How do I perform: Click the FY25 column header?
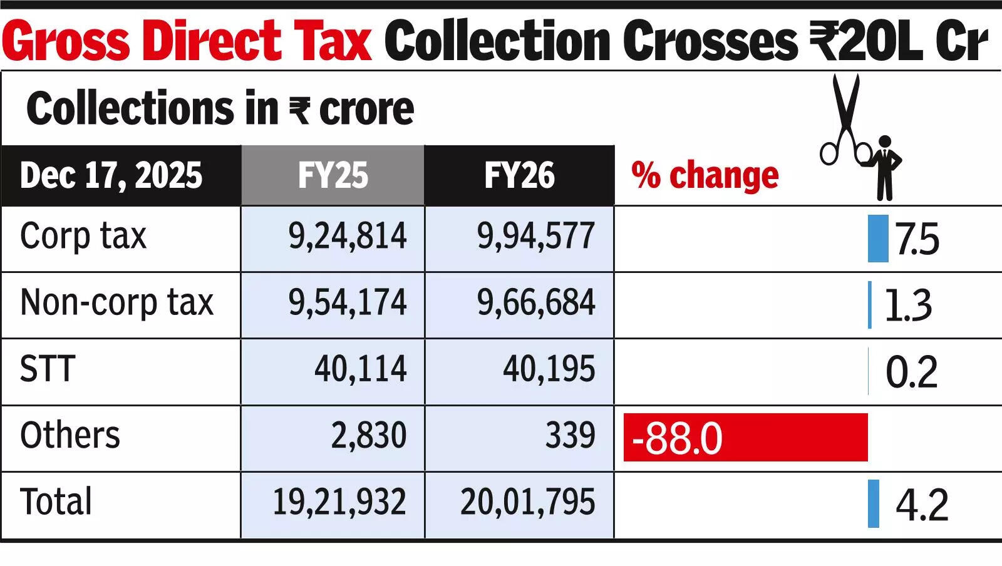coord(333,175)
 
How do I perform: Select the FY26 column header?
coord(519,175)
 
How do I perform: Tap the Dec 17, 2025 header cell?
coord(111,175)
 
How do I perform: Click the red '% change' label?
coord(705,175)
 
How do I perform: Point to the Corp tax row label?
coord(83,237)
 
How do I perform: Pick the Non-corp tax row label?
coord(117,303)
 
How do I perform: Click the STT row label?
coord(48,369)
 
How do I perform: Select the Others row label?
coord(70,436)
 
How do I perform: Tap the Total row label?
coord(56,502)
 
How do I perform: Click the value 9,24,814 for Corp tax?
coord(348,237)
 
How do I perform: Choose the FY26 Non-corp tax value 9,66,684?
coord(536,303)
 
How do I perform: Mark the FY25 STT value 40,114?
coord(361,369)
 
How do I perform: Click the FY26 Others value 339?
coord(570,436)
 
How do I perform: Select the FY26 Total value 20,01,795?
coord(527,502)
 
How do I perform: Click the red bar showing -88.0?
coord(745,437)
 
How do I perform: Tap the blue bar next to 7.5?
coord(878,239)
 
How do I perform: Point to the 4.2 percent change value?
coord(922,505)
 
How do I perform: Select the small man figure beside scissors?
coord(884,168)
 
